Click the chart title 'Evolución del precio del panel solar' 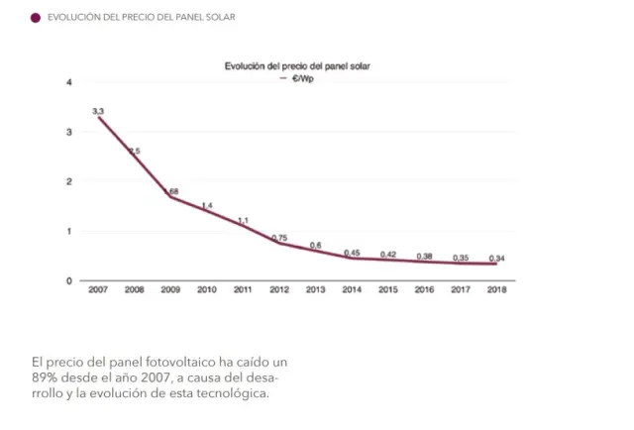[304, 66]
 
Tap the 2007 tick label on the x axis [98, 289]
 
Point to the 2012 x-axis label [279, 289]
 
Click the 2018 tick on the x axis [497, 289]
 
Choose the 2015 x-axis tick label [388, 289]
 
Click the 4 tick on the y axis [69, 82]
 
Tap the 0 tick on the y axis [69, 280]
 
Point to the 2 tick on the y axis [69, 181]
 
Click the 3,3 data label [98, 110]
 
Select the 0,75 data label [279, 238]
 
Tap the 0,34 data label [497, 258]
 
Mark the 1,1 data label [243, 220]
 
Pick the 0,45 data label [352, 253]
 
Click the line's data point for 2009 [170, 197]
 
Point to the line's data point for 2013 [316, 251]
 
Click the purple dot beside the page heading [36, 18]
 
